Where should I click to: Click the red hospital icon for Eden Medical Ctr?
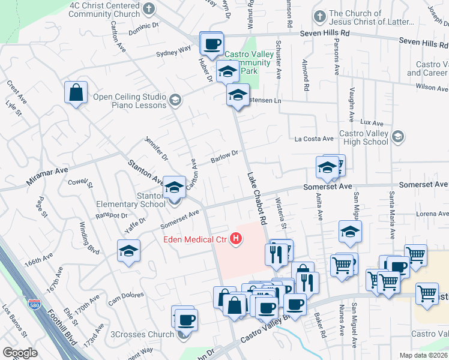coord(237,240)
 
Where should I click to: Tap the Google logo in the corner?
coord(20,353)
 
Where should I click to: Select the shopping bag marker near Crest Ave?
coord(76,93)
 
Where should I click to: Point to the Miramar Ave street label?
coord(47,176)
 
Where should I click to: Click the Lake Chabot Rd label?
coord(256,199)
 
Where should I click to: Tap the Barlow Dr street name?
coord(225,157)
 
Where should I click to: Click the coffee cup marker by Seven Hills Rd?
coord(211,43)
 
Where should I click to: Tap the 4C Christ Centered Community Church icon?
coord(151,9)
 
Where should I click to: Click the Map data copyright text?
coord(424,355)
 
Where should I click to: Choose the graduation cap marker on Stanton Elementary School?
coord(175,189)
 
